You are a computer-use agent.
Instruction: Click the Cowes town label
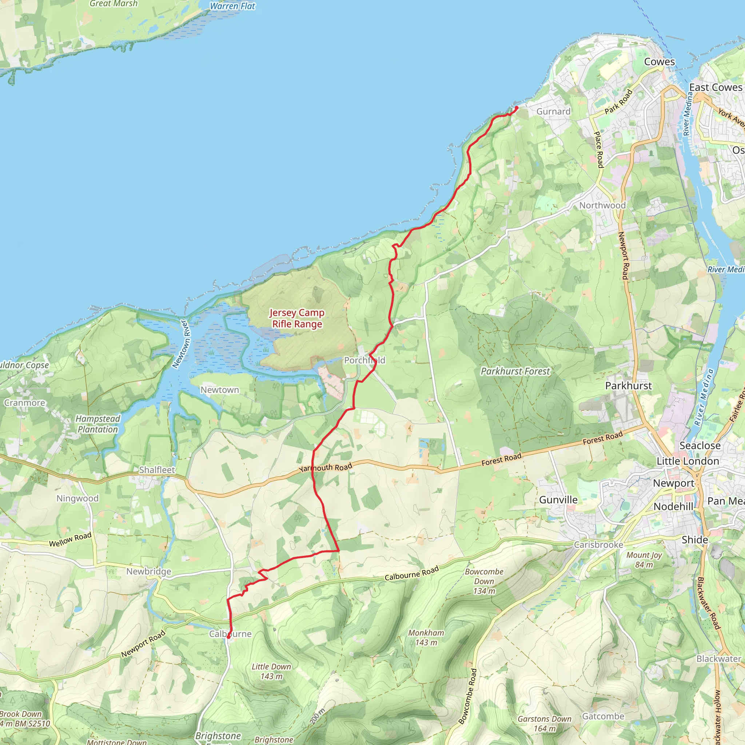[660, 62]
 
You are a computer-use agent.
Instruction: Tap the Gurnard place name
[553, 111]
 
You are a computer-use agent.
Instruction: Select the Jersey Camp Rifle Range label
[296, 318]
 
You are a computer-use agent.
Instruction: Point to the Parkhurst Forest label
[515, 371]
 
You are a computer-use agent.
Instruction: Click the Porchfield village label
[364, 360]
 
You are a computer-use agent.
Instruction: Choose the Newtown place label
[219, 390]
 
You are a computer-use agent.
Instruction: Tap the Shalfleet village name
[157, 470]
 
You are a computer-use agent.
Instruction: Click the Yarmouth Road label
[326, 467]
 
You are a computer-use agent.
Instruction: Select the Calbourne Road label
[411, 573]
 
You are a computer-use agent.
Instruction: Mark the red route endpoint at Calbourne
[229, 637]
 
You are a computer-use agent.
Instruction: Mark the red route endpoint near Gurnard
[516, 108]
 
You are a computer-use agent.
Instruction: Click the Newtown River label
[181, 344]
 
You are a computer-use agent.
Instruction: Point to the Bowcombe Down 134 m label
[484, 581]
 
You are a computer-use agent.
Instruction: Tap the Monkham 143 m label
[426, 637]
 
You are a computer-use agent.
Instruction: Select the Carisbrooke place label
[598, 545]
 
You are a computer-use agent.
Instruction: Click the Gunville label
[558, 500]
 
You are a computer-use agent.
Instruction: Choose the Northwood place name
[602, 205]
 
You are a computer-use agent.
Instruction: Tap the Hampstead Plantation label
[97, 424]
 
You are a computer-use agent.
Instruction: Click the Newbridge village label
[148, 571]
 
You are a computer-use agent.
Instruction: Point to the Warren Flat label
[232, 6]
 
